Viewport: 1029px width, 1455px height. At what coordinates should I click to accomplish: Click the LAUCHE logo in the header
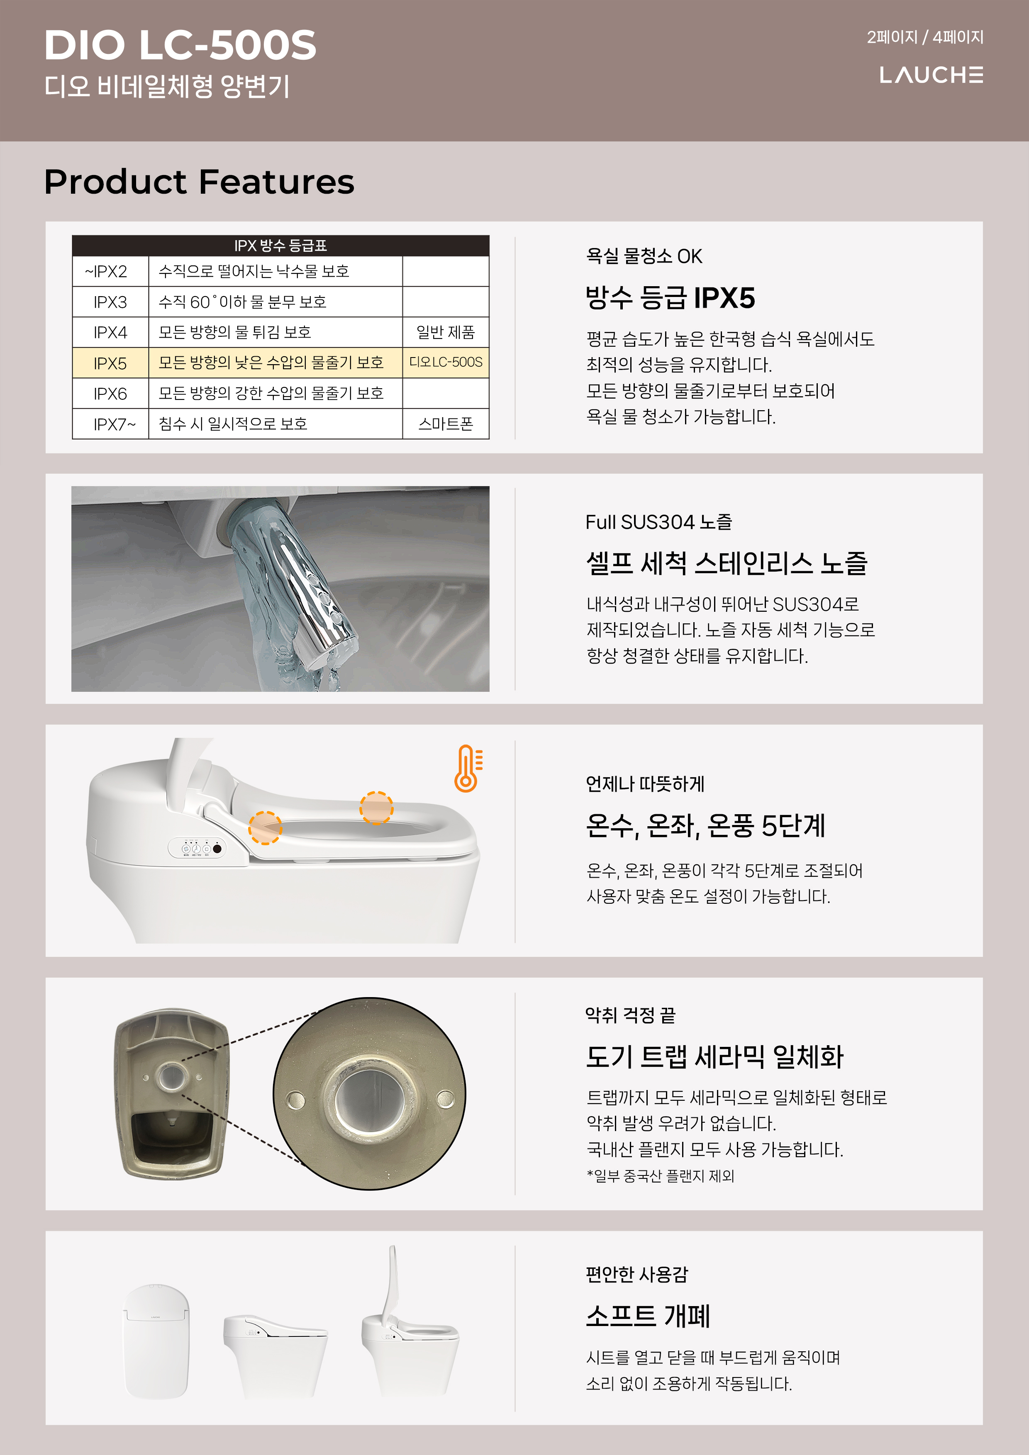click(x=931, y=75)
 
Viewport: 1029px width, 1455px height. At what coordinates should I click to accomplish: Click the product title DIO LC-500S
click(x=180, y=46)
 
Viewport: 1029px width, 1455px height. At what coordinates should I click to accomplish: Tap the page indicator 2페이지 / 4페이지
click(x=924, y=37)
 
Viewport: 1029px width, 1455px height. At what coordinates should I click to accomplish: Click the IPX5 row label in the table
click(x=110, y=363)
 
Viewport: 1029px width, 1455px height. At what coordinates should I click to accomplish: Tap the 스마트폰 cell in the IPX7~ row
click(x=445, y=424)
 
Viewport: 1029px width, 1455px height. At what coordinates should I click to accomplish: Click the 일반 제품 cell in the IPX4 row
click(x=445, y=332)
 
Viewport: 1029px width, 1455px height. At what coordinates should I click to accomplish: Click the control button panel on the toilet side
click(x=197, y=848)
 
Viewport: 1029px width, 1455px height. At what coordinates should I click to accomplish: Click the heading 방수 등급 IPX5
click(x=670, y=298)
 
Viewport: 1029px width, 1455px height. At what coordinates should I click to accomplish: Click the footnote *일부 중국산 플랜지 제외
click(x=660, y=1175)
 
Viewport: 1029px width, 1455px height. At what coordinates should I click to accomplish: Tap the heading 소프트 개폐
click(x=647, y=1316)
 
